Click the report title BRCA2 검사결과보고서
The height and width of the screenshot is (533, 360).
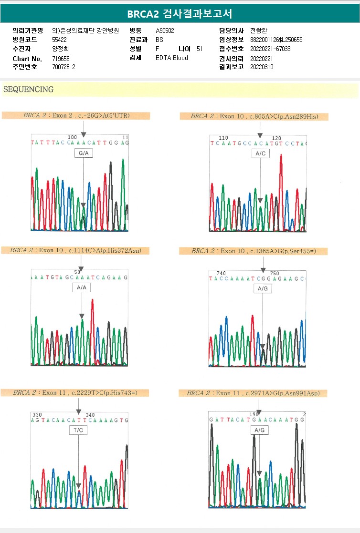pos(180,14)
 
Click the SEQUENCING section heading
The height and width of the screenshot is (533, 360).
pos(28,90)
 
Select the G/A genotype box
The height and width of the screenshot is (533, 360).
pos(83,153)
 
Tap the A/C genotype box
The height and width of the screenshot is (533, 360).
pos(260,154)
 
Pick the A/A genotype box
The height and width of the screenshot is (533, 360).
pos(82,288)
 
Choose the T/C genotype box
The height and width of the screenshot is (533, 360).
pos(78,430)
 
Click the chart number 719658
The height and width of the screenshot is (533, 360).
pos(61,58)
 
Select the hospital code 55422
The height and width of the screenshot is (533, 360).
pos(59,40)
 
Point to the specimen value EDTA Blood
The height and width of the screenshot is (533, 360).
pos(172,58)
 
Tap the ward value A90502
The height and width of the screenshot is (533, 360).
pos(165,31)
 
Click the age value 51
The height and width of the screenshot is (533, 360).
pos(200,49)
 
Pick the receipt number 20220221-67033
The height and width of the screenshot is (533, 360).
pos(270,49)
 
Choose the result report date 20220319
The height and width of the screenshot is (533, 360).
pos(262,67)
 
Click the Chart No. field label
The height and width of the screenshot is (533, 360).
pos(27,59)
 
